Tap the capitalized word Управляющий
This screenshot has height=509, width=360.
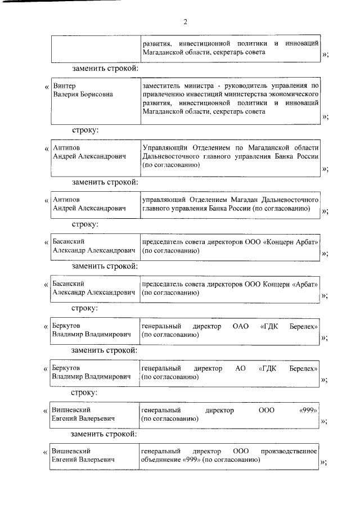pyautogui.click(x=164, y=148)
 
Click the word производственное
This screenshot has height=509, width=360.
pyautogui.click(x=290, y=451)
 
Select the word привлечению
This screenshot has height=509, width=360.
pyautogui.click(x=161, y=94)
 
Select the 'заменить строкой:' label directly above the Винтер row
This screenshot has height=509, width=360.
pyautogui.click(x=105, y=69)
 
